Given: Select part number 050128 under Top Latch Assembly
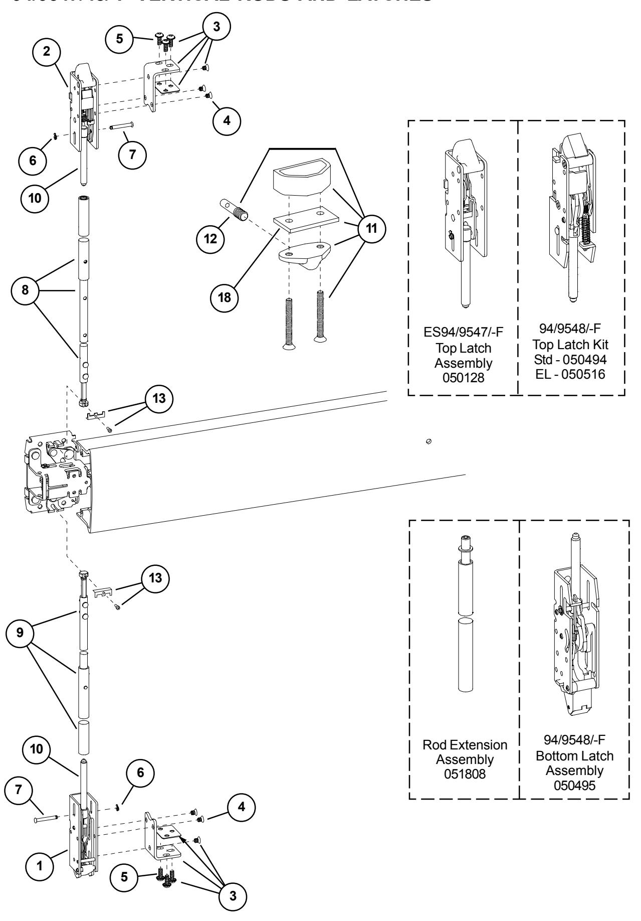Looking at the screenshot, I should (463, 378).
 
